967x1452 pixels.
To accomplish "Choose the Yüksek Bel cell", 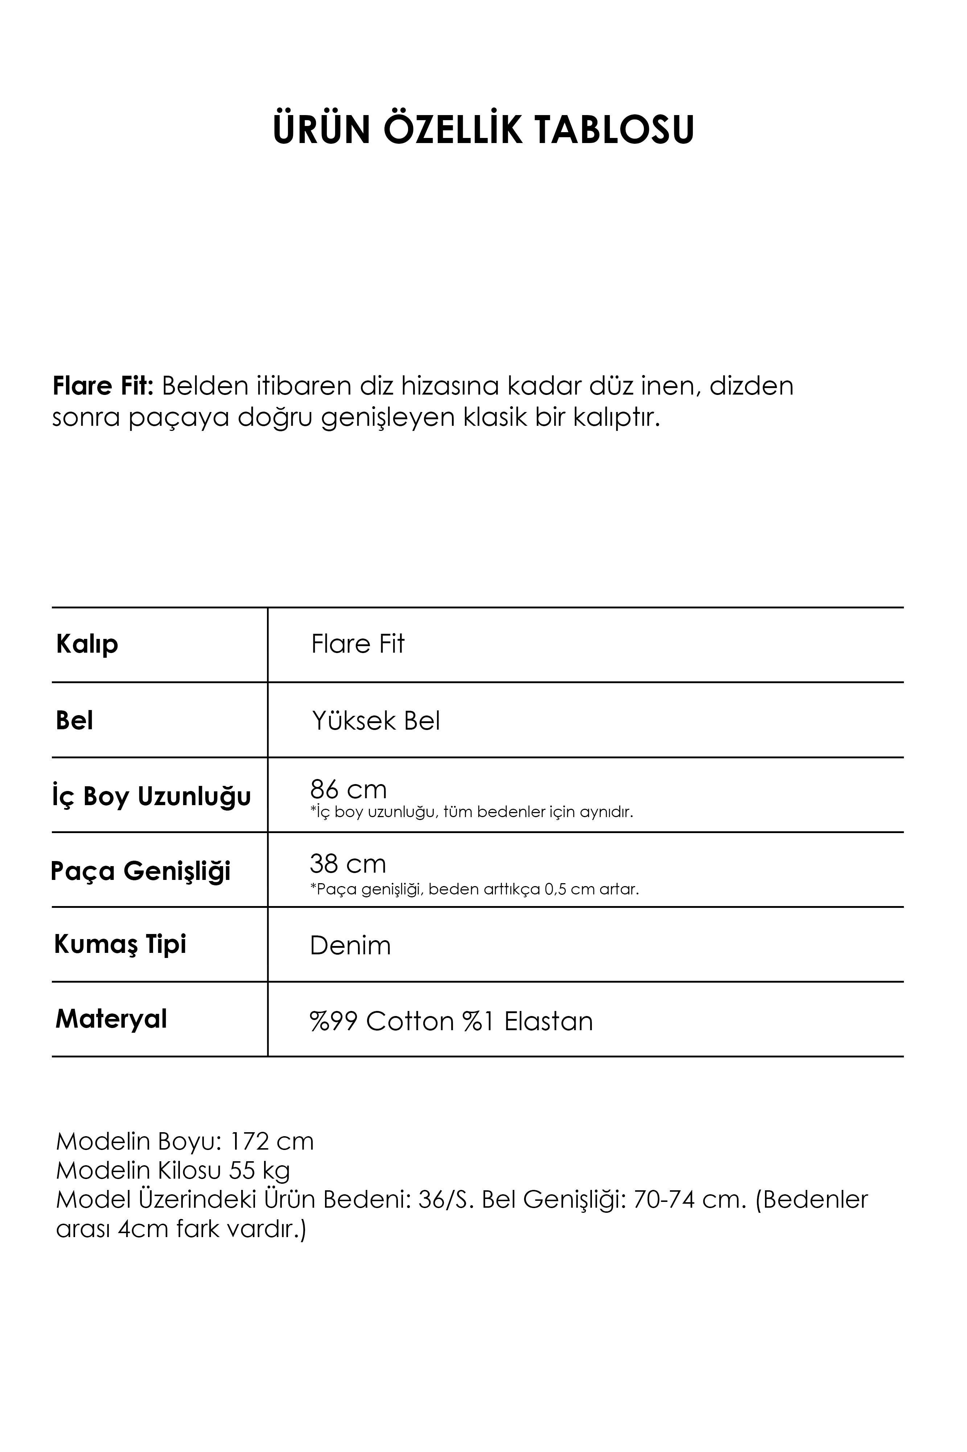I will [375, 720].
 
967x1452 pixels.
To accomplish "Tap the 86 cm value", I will [348, 789].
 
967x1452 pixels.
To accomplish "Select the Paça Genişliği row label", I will [141, 871].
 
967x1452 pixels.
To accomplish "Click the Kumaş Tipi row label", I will [120, 944].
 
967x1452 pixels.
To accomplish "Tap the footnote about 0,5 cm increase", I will [474, 889].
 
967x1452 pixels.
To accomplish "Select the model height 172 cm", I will [271, 1142].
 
